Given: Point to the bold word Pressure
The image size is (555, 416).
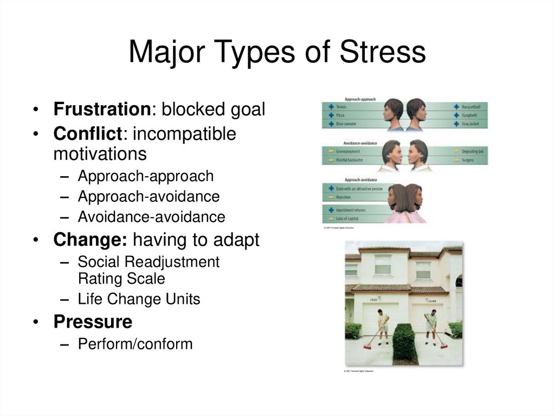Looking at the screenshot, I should coord(93,322).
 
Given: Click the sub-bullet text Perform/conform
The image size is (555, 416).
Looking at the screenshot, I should coord(135,344).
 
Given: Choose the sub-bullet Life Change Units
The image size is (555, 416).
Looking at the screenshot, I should coord(139,299).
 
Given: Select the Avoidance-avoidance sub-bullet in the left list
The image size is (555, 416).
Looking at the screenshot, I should coord(151,217).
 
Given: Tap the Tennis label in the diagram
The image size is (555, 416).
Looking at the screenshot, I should coord(341,107).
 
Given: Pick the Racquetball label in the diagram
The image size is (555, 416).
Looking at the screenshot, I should coord(472,107).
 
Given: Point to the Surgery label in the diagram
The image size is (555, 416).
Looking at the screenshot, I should coord(468,161).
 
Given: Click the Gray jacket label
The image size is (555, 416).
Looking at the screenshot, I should coord(470,124).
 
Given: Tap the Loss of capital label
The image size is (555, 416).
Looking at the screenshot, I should coord(347,219).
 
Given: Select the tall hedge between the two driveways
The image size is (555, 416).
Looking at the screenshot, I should coord(404,342).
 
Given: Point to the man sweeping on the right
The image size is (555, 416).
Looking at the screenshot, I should coord(431,327).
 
